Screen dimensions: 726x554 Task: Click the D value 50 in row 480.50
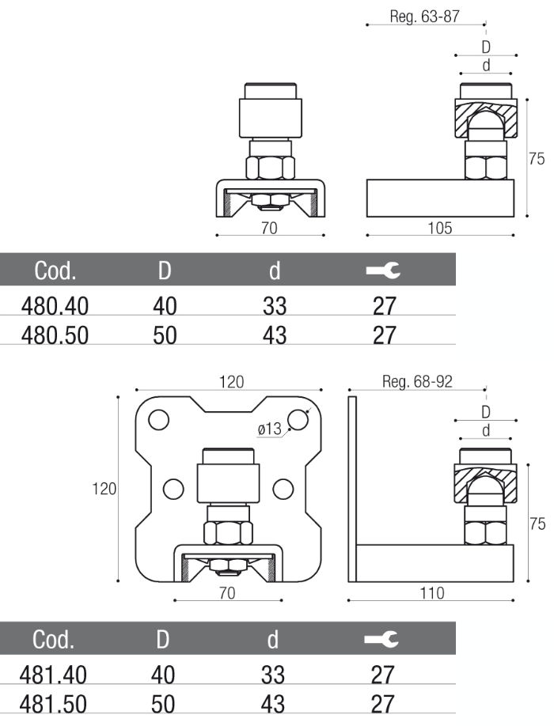tap(165, 335)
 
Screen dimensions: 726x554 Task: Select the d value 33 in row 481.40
tap(274, 675)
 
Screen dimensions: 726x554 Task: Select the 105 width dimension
tap(439, 229)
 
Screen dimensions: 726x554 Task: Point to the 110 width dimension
tap(431, 592)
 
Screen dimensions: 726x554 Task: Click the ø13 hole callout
tap(269, 429)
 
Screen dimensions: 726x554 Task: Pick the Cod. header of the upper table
tap(55, 271)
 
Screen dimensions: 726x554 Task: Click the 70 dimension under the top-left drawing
tap(271, 229)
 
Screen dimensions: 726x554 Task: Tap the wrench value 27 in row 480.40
tap(383, 304)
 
